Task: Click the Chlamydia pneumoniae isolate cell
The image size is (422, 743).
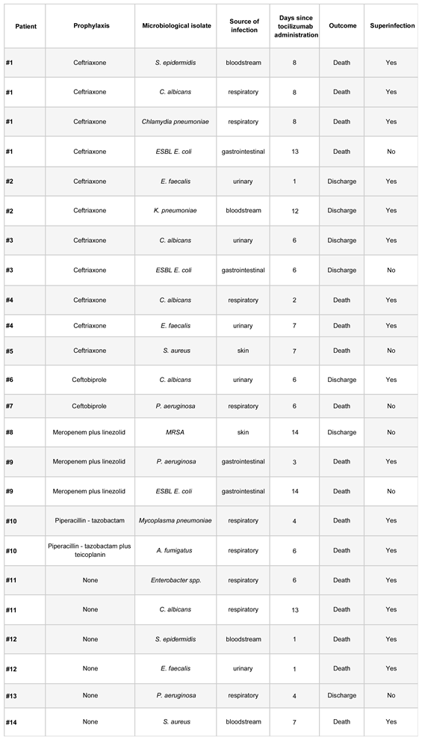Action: point(178,122)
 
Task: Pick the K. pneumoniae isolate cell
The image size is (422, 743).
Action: point(178,211)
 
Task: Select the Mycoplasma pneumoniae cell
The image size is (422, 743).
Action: point(178,521)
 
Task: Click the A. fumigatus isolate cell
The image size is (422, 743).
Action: point(178,550)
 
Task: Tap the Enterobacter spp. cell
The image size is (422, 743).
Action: point(178,580)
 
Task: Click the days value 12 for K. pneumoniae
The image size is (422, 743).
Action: point(294,211)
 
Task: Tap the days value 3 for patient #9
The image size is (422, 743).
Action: point(294,462)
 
